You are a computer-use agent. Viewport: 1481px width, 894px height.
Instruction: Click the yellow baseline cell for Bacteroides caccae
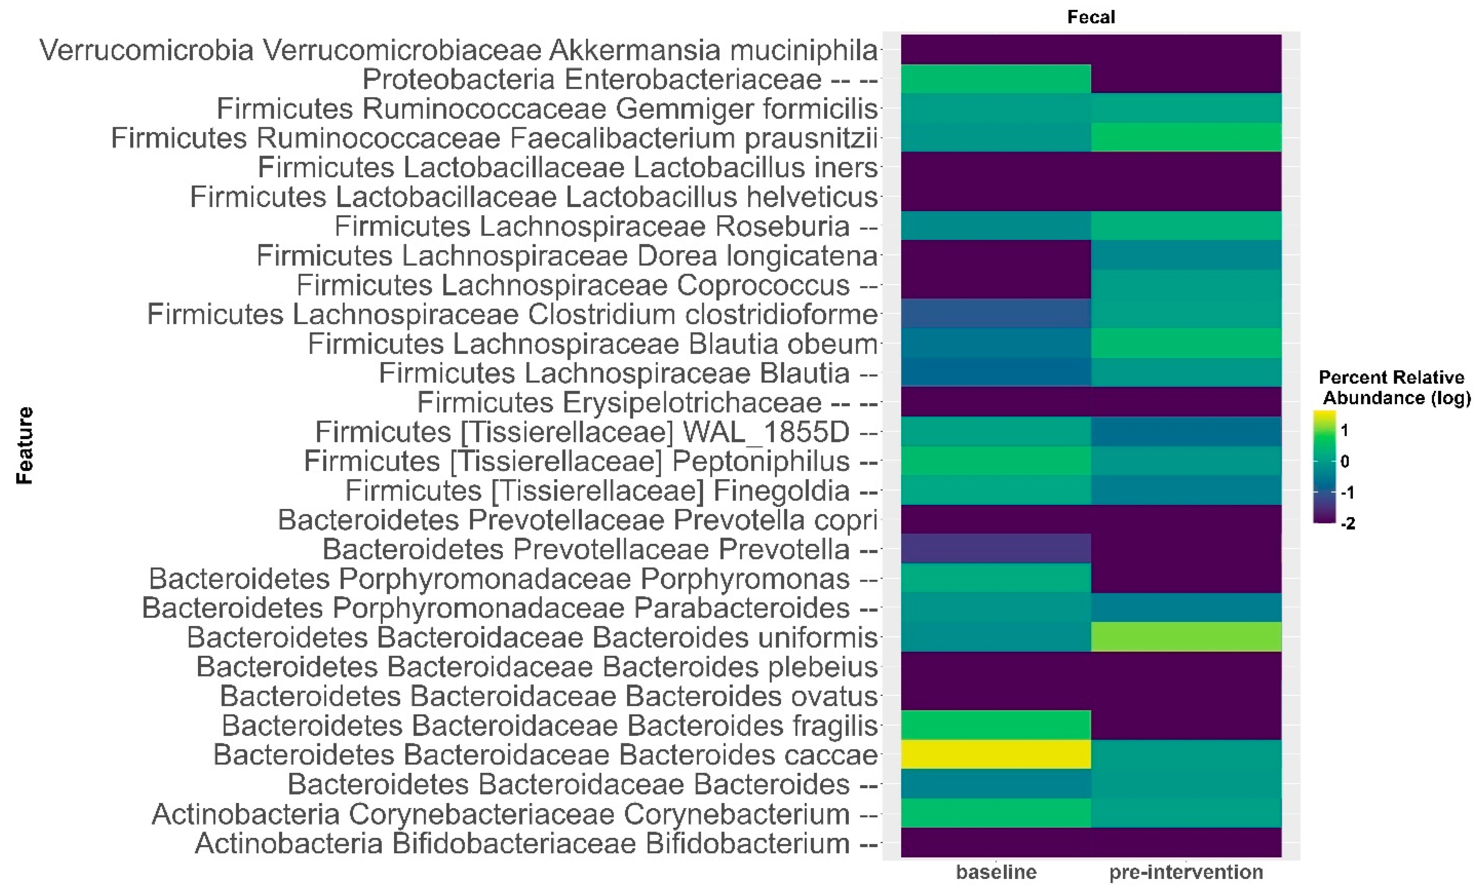(x=995, y=754)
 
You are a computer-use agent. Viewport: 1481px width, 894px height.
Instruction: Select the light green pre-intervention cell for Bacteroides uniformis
(x=1186, y=637)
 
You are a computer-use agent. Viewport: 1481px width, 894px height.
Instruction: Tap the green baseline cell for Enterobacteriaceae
(x=995, y=79)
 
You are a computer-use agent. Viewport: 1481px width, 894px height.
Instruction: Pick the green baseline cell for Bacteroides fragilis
(x=995, y=725)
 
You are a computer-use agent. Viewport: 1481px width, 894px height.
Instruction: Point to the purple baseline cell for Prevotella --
(x=995, y=548)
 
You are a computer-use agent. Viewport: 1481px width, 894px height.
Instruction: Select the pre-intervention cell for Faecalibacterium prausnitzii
(x=1186, y=138)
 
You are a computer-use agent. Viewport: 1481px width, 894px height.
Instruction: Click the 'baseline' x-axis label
(x=996, y=872)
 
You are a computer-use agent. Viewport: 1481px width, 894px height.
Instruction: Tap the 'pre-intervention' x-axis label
(x=1186, y=872)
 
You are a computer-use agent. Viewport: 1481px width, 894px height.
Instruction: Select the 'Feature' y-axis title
(x=24, y=446)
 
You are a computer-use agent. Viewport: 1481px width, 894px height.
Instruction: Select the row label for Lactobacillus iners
(x=568, y=167)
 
